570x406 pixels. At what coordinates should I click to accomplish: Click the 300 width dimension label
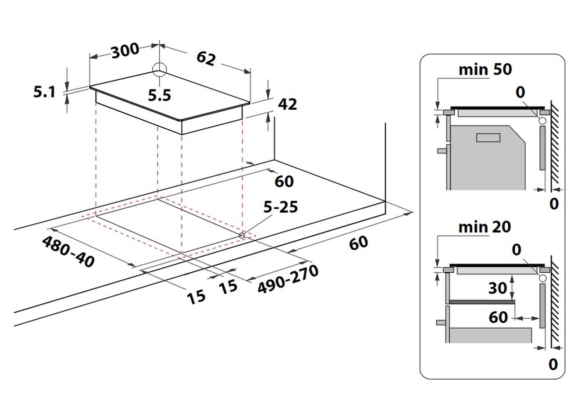[125, 51]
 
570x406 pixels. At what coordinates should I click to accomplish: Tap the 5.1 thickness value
[44, 92]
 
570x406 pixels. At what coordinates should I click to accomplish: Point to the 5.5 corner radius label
[159, 95]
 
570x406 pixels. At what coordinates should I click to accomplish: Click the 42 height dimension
[287, 104]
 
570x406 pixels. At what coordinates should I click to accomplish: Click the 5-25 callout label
[281, 207]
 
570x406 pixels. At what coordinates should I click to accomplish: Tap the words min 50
[485, 69]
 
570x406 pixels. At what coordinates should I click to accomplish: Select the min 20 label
[484, 227]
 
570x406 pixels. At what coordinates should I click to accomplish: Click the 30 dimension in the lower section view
[498, 288]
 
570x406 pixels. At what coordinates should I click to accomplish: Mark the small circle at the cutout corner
[242, 235]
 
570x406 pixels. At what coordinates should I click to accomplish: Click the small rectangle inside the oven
[488, 138]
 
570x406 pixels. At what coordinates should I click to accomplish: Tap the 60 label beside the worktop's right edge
[358, 243]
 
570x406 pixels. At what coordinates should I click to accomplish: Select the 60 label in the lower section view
[498, 317]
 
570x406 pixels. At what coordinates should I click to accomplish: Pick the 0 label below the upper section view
[554, 203]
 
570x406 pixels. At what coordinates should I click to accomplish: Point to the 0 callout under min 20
[517, 250]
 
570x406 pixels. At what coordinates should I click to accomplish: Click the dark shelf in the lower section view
[481, 302]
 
